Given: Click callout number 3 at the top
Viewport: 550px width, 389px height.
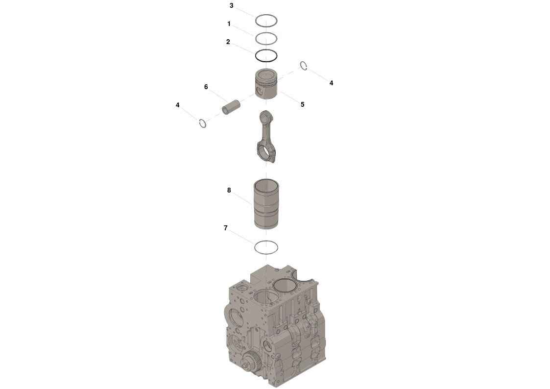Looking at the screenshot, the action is pos(232,5).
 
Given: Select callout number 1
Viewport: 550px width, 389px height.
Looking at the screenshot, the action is pos(229,24).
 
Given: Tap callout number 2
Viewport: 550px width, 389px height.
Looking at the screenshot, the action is pos(228,42).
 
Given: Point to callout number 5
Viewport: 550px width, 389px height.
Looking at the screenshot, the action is pos(302,104).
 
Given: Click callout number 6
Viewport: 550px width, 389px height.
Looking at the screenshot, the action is pos(206,87).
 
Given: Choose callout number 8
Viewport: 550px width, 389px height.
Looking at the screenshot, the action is pos(229,190).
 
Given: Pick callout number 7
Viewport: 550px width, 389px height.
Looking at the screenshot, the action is pos(226,228).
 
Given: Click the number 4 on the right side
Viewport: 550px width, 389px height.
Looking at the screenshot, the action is pos(331,83).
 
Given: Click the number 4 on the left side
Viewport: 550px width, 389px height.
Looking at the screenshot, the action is pos(177,105).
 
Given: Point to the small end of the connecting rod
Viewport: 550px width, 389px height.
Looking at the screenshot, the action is pos(265,116).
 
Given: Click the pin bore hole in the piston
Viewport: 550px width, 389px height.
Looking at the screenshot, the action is pos(259,93).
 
